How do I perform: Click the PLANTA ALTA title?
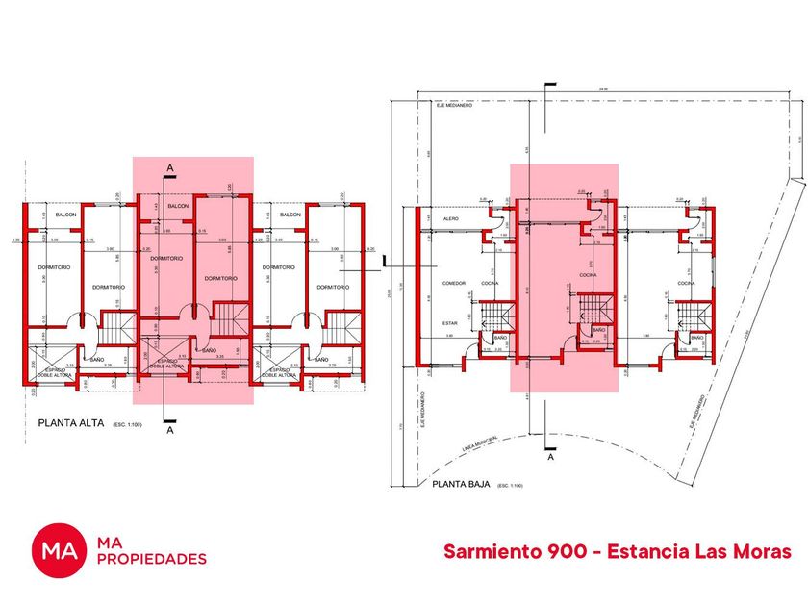71,422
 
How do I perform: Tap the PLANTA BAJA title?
463,485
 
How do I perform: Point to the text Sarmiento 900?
505,551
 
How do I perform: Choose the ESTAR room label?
449,323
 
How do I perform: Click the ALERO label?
449,219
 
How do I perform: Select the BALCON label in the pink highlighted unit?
178,206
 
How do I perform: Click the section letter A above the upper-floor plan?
170,168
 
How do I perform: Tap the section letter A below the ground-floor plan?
551,458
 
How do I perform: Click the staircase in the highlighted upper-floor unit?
229,319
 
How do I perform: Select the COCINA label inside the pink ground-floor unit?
588,275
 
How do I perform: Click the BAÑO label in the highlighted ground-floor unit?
598,330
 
